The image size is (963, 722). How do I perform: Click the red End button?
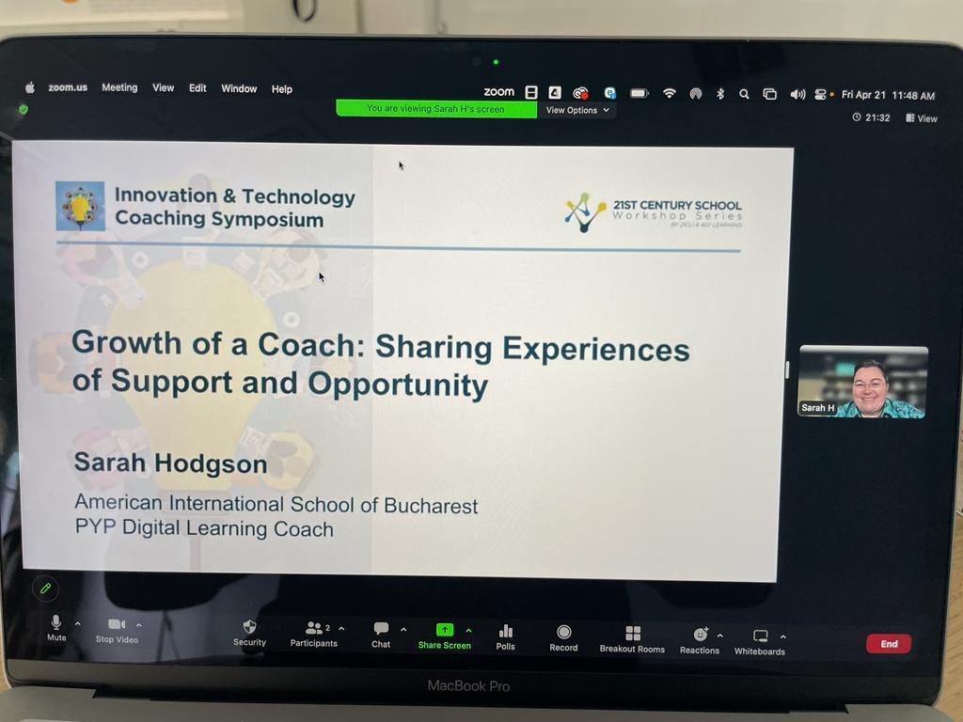pyautogui.click(x=888, y=644)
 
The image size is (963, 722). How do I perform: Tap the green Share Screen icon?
pyautogui.click(x=445, y=630)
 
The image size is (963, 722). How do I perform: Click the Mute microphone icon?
pyautogui.click(x=56, y=622)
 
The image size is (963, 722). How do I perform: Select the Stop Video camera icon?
pyautogui.click(x=117, y=625)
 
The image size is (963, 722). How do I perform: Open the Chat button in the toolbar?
pyautogui.click(x=381, y=629)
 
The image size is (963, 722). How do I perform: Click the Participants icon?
pyautogui.click(x=314, y=628)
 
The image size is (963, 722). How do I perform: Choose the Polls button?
pyautogui.click(x=506, y=632)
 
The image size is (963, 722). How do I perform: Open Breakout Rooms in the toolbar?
pyautogui.click(x=633, y=634)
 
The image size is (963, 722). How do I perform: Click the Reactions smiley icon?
pyautogui.click(x=700, y=635)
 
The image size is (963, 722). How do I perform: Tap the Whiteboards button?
pyautogui.click(x=760, y=636)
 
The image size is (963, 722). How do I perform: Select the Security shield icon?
pyautogui.click(x=249, y=626)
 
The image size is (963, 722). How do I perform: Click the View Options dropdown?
pyautogui.click(x=577, y=110)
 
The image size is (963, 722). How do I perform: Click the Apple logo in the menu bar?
pyautogui.click(x=30, y=87)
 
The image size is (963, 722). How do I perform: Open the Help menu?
pyautogui.click(x=282, y=89)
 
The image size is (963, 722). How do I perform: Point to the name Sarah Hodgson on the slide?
pyautogui.click(x=170, y=463)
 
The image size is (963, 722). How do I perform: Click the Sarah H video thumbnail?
pyautogui.click(x=862, y=382)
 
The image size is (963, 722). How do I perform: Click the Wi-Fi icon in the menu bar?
pyautogui.click(x=670, y=93)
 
